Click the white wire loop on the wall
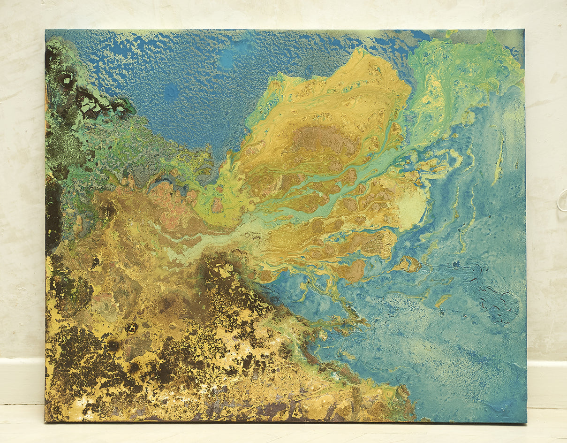[x=562, y=203]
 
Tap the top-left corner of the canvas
[x=45, y=30]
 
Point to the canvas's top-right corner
[x=524, y=30]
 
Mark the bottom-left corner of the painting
[x=45, y=421]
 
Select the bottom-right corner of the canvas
[x=526, y=422]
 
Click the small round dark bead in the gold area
[x=131, y=328]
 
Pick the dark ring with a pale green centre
[x=66, y=81]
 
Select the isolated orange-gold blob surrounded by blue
[x=408, y=264]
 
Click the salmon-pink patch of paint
[x=164, y=197]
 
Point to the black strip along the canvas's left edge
[x=52, y=211]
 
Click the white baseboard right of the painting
[x=546, y=382]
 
